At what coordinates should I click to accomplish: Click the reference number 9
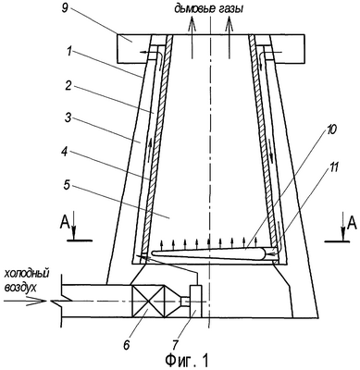pos(65,8)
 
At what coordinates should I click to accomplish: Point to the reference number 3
pos(68,119)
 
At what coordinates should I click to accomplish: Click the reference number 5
pos(68,186)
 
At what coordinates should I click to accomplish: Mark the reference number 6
pos(127,345)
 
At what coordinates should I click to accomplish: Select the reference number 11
pos(333,167)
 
